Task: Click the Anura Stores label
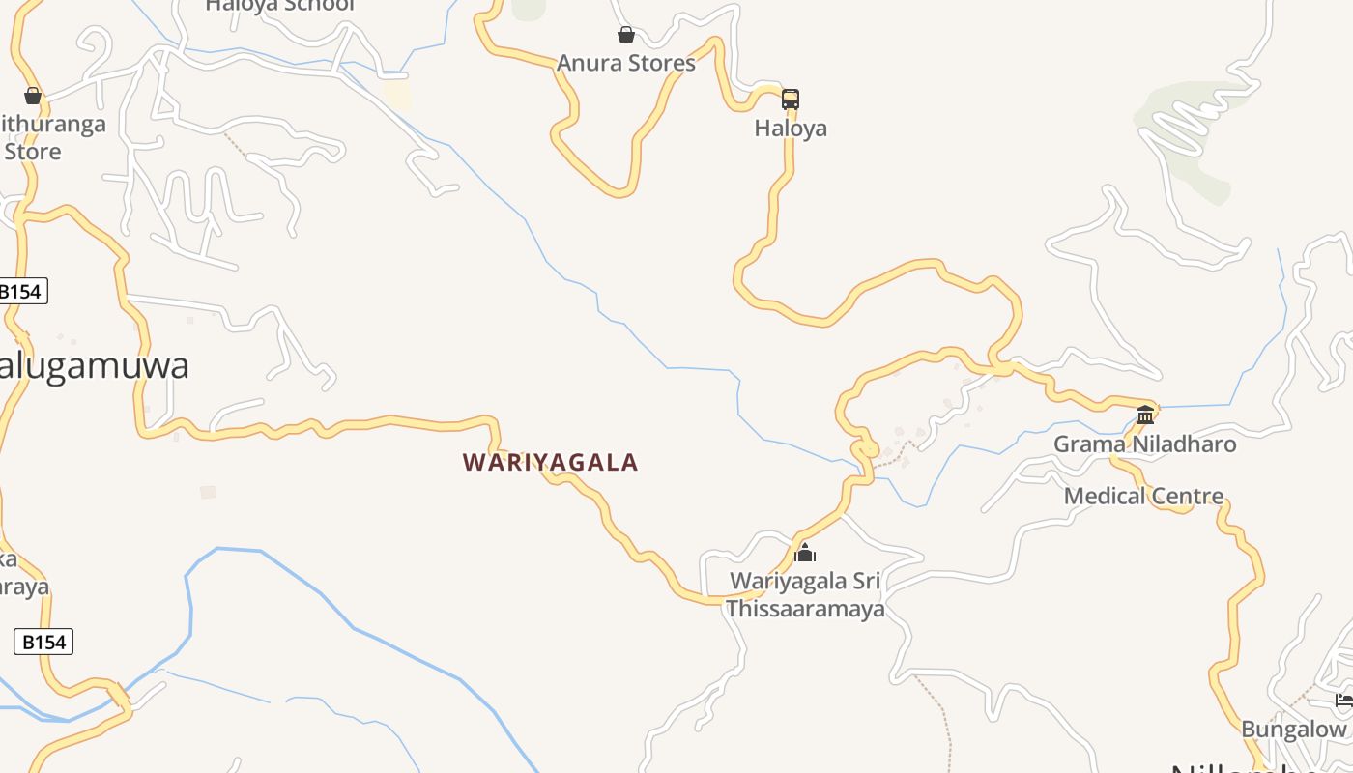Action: pyautogui.click(x=626, y=64)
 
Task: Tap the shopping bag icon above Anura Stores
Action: pyautogui.click(x=626, y=36)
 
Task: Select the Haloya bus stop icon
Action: pyautogui.click(x=791, y=99)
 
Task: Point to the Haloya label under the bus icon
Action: pyautogui.click(x=791, y=129)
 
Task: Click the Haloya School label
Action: pyautogui.click(x=280, y=6)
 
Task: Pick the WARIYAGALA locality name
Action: pyautogui.click(x=551, y=463)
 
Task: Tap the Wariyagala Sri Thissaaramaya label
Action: pyautogui.click(x=805, y=595)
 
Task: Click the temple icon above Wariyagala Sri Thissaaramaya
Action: pyautogui.click(x=805, y=554)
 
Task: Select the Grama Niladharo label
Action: pyautogui.click(x=1144, y=444)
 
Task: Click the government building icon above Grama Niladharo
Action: pyautogui.click(x=1145, y=415)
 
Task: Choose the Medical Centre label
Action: pyautogui.click(x=1143, y=497)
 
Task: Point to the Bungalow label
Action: pyautogui.click(x=1293, y=730)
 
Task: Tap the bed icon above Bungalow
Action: pyautogui.click(x=1344, y=701)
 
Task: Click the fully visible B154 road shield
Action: pyautogui.click(x=43, y=642)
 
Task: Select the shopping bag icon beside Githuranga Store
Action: pyautogui.click(x=33, y=96)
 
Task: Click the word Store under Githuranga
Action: pyautogui.click(x=33, y=152)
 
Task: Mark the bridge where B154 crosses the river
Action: pyautogui.click(x=119, y=696)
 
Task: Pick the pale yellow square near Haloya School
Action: pyautogui.click(x=396, y=94)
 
